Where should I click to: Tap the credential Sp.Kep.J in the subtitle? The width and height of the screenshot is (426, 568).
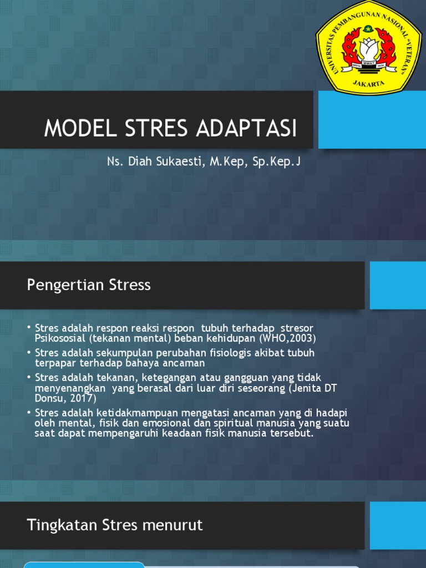click(x=276, y=162)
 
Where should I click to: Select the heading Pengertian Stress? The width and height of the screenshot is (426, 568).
click(x=89, y=285)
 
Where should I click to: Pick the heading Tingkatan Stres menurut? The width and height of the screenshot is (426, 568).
click(x=115, y=525)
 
